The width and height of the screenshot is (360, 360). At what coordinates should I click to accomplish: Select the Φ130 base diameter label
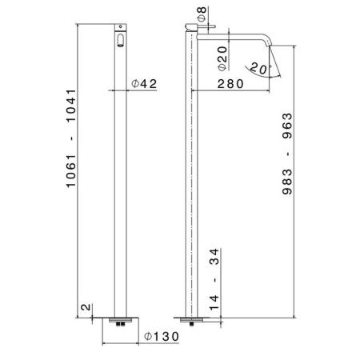[158, 338]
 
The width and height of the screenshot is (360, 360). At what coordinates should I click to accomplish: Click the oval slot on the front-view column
[120, 40]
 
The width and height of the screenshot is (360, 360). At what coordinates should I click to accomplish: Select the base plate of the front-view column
[120, 318]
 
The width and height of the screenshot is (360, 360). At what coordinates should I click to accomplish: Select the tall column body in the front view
[120, 176]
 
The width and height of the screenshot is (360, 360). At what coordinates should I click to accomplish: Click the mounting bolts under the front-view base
[120, 324]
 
